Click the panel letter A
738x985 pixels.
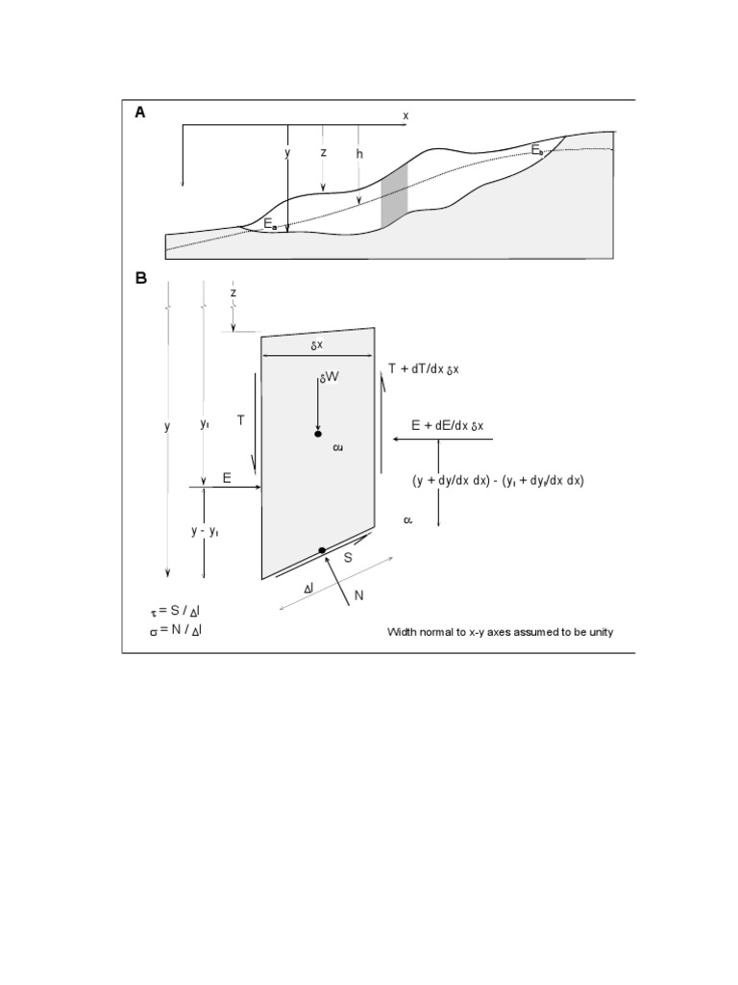(140, 113)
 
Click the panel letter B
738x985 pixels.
(140, 279)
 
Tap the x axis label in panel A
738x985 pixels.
(406, 115)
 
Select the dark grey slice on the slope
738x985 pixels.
(394, 197)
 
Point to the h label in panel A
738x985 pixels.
(358, 153)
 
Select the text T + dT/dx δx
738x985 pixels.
(424, 368)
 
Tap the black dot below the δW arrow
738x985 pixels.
(318, 435)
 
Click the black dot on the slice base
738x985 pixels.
(322, 550)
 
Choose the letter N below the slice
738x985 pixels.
(358, 595)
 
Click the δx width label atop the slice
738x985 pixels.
(316, 344)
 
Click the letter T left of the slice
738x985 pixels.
(241, 419)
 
